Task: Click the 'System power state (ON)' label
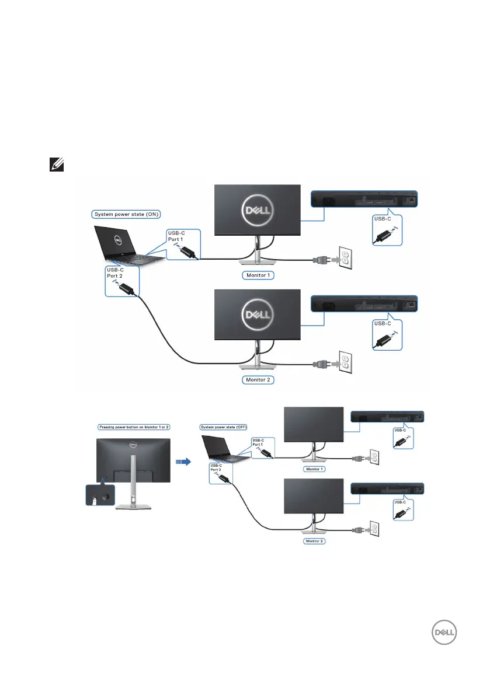point(125,214)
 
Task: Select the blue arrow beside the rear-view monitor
point(183,460)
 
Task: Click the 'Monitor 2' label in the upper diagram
point(258,380)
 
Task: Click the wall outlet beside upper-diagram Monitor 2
point(345,364)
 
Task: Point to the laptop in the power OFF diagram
point(220,448)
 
